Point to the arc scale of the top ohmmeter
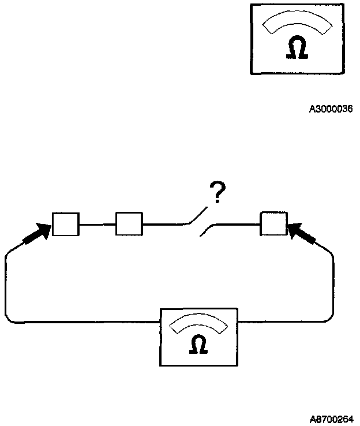coord(297,23)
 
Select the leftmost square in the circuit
coord(66,224)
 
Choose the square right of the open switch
coord(273,224)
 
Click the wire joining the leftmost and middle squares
coord(97,224)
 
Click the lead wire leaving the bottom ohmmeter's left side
coord(87,322)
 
